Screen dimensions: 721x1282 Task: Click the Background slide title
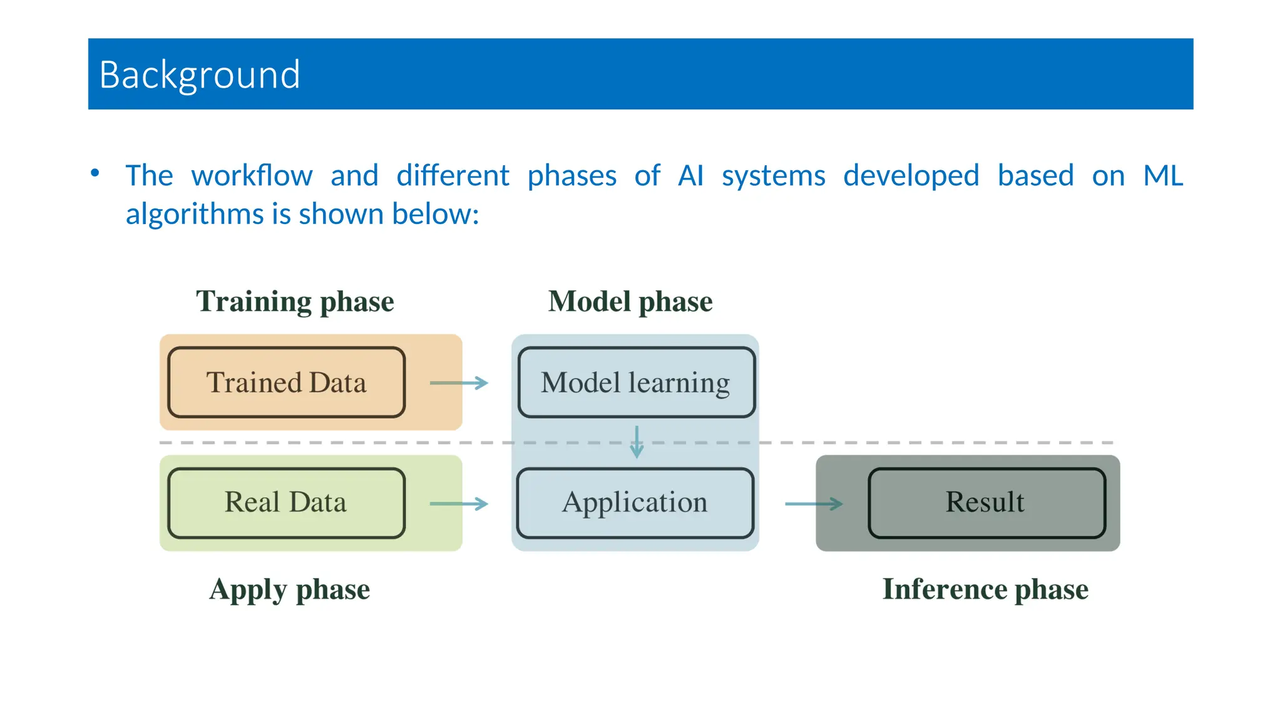pyautogui.click(x=200, y=75)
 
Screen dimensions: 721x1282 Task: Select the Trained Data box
pyautogui.click(x=287, y=382)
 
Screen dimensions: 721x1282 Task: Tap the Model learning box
pyautogui.click(x=636, y=382)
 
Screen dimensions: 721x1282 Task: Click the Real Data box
pyautogui.click(x=287, y=503)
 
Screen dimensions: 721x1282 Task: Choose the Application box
pyautogui.click(x=635, y=503)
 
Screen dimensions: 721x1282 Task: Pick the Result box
pyautogui.click(x=986, y=503)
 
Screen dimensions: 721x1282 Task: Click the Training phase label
pyautogui.click(x=295, y=302)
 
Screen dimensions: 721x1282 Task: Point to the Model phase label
pyautogui.click(x=630, y=302)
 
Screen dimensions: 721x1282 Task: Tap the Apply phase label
pyautogui.click(x=290, y=590)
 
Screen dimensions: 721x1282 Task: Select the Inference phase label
pyautogui.click(x=985, y=590)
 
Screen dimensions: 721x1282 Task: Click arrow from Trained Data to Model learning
pyautogui.click(x=459, y=383)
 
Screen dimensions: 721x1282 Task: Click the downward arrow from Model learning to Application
pyautogui.click(x=637, y=442)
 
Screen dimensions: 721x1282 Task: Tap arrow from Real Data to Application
pyautogui.click(x=459, y=503)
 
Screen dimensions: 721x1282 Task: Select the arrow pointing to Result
pyautogui.click(x=814, y=503)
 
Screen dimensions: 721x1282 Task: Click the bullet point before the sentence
pyautogui.click(x=95, y=173)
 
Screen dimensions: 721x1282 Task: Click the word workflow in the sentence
pyautogui.click(x=252, y=176)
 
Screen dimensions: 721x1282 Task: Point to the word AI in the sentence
pyautogui.click(x=690, y=176)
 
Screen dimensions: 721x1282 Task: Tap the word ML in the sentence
pyautogui.click(x=1162, y=176)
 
